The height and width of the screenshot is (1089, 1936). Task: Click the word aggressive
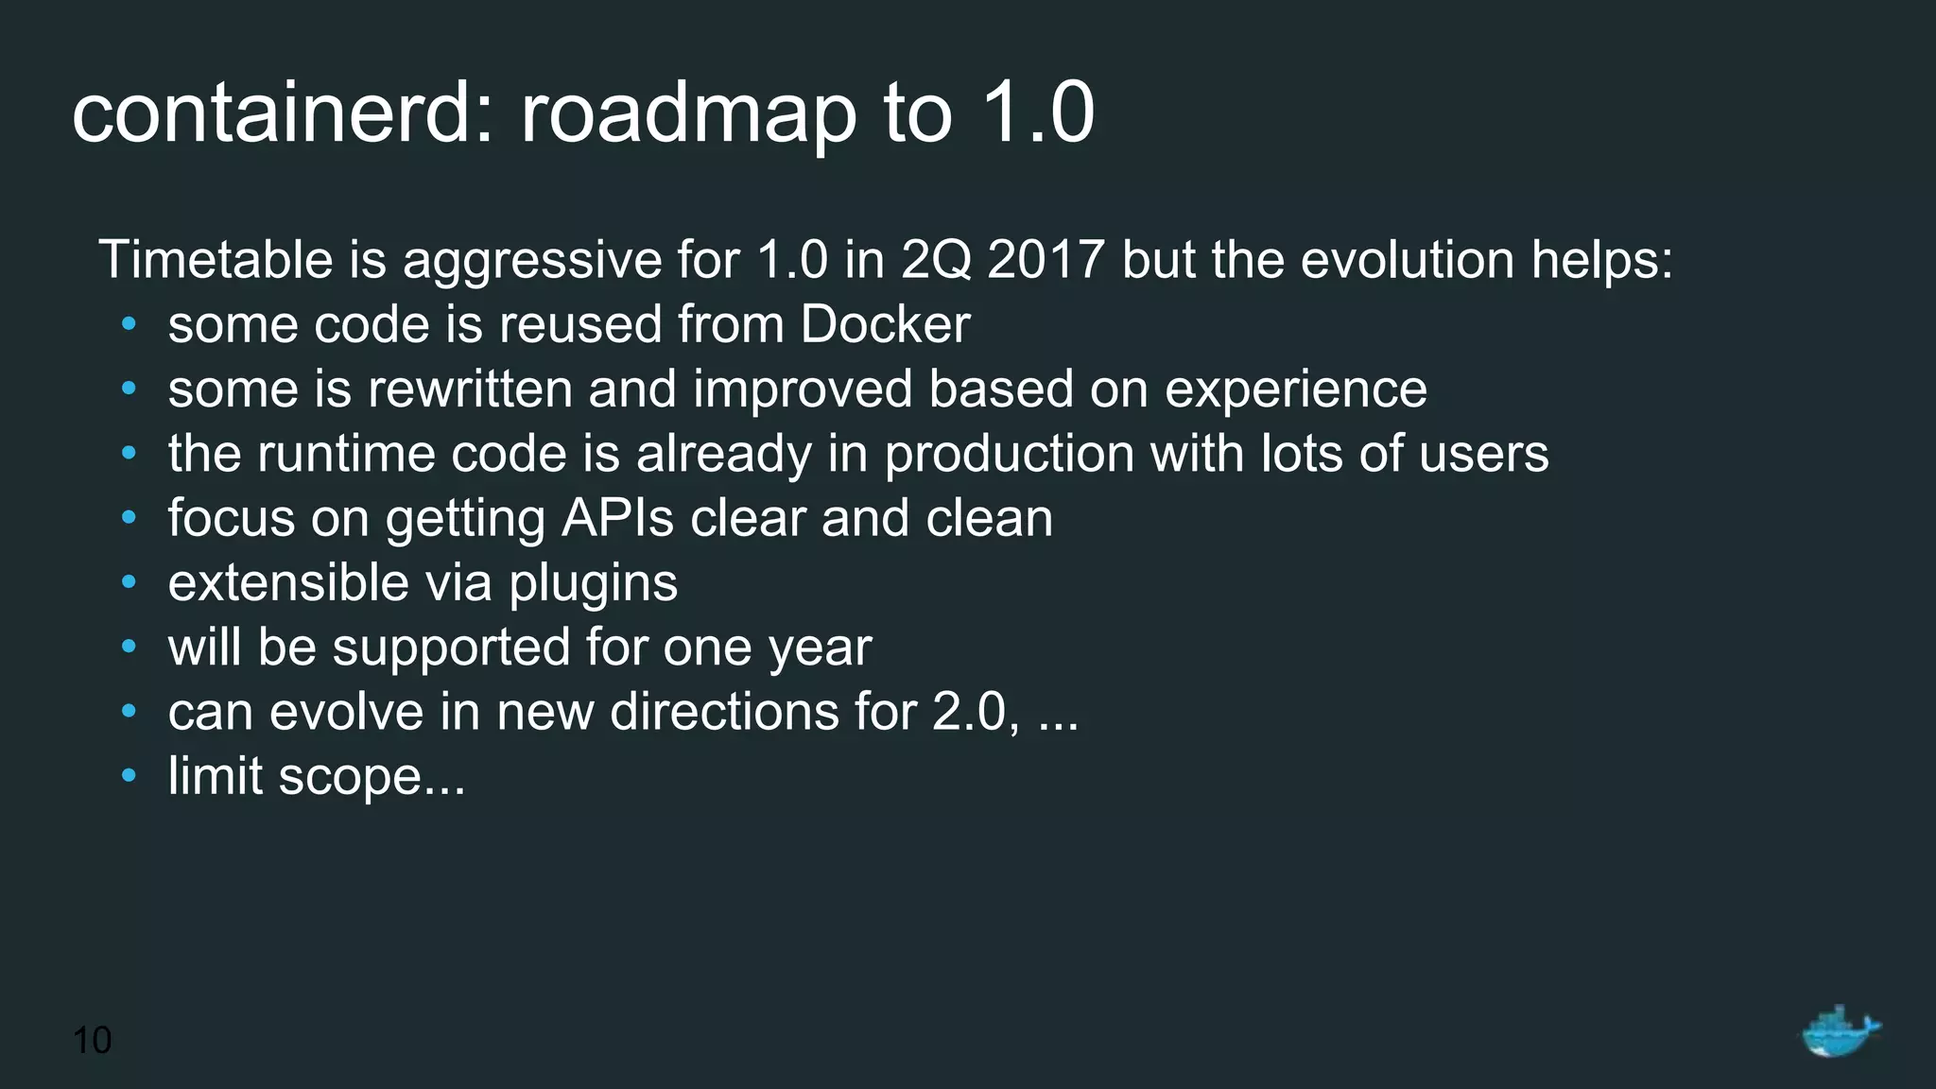tap(532, 261)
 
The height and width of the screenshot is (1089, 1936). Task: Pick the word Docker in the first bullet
tap(885, 324)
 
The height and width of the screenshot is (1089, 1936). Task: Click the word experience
tap(1295, 390)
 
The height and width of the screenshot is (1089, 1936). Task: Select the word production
tap(1009, 454)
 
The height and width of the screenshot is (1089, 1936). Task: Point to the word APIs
tap(617, 518)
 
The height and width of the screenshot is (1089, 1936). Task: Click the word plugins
tap(593, 583)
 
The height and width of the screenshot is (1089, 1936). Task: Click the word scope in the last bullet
tap(350, 777)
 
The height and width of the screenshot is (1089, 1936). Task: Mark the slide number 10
tap(92, 1040)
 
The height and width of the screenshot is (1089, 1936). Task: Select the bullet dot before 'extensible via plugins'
tap(130, 582)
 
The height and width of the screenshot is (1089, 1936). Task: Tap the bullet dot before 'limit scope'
tap(130, 776)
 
